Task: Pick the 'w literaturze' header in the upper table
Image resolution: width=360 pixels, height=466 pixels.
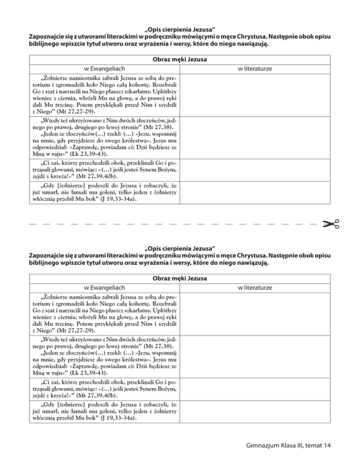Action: tap(255, 69)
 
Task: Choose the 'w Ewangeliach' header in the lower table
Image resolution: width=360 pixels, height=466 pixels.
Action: tap(105, 287)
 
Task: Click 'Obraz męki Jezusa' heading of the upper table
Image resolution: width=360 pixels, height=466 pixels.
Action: tap(180, 60)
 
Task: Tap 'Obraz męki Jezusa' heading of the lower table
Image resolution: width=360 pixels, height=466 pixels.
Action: tap(180, 278)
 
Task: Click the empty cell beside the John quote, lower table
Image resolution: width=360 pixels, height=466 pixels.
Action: tap(255, 410)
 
